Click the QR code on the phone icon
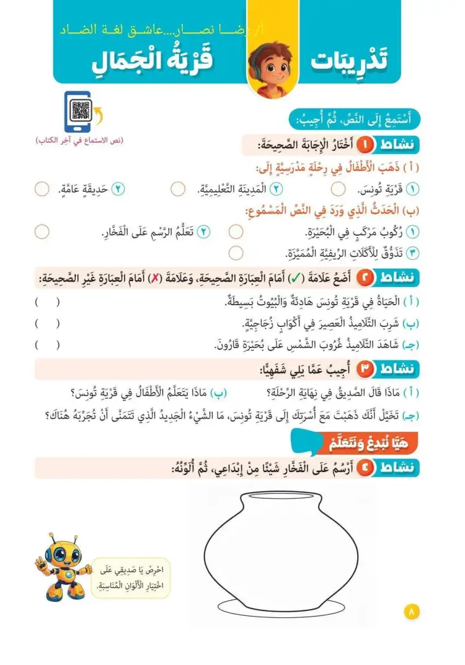pos(81,110)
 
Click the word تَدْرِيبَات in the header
pos(358,61)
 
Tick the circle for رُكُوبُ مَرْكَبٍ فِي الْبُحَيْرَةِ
pos(236,232)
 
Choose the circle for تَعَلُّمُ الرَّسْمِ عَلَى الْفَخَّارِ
pos(42,232)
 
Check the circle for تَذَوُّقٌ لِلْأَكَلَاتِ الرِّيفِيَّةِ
pos(236,252)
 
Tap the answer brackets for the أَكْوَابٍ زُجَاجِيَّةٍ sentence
pos(47,323)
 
